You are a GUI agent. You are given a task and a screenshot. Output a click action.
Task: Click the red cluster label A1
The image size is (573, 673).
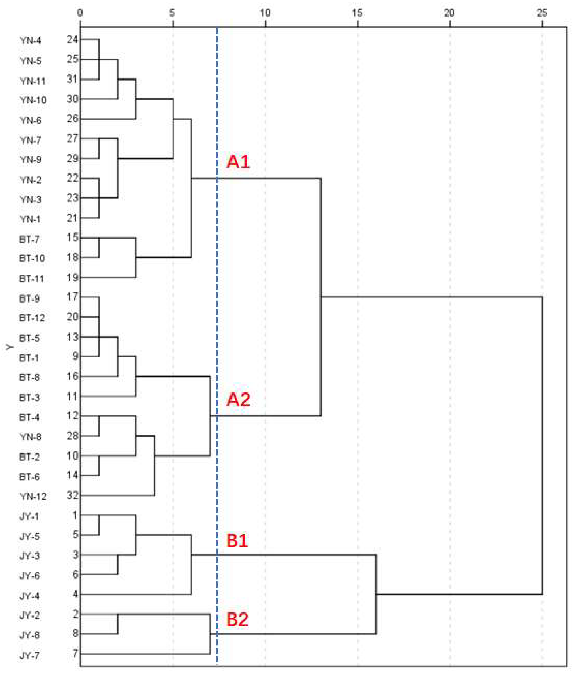238,162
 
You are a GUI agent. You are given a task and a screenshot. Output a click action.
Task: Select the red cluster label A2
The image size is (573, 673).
238,399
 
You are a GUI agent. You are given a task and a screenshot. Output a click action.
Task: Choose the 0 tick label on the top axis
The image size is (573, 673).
80,13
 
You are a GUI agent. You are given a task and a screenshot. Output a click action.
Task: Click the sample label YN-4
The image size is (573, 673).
31,41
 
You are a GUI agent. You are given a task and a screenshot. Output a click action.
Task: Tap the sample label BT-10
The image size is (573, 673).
32,259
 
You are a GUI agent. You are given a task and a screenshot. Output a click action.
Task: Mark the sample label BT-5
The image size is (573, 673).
29,338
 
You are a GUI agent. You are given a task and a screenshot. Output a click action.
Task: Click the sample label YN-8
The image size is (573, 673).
31,437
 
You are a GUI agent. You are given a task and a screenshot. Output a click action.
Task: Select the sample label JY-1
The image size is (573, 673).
29,516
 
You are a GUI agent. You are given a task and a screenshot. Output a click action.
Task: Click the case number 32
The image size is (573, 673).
73,495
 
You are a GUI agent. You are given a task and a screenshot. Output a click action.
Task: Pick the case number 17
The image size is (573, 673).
73,297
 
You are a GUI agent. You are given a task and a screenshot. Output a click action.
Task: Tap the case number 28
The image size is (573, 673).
73,436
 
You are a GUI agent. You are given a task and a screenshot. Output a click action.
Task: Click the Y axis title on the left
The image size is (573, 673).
10,347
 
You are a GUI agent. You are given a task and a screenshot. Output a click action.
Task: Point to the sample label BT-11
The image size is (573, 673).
32,278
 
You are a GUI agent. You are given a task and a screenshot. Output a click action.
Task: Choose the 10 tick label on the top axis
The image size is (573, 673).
265,13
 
